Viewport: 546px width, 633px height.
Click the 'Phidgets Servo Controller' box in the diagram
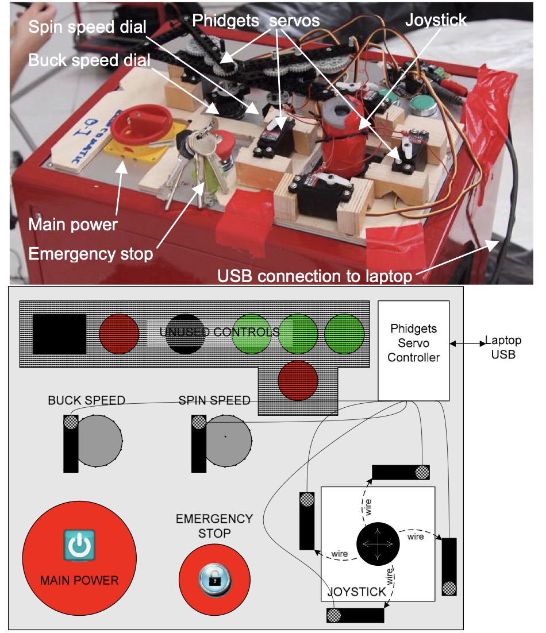click(x=413, y=350)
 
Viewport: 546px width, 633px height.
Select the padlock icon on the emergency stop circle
click(x=214, y=580)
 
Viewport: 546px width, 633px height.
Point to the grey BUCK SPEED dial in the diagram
click(x=100, y=441)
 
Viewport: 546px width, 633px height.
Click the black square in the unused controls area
click(x=59, y=334)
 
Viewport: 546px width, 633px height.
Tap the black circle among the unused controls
click(x=185, y=334)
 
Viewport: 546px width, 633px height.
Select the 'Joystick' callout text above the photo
click(x=436, y=20)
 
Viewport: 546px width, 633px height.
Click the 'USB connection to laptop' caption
click(x=315, y=276)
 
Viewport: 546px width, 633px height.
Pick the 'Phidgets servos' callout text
click(x=256, y=20)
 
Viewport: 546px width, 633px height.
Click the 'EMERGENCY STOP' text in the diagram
click(x=214, y=526)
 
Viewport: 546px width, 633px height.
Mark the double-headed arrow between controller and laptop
click(x=466, y=343)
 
